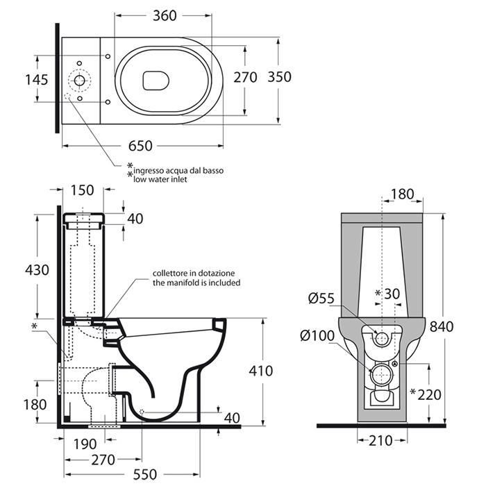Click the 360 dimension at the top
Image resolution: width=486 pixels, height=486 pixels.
pyautogui.click(x=165, y=15)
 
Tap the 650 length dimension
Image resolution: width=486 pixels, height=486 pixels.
pyautogui.click(x=140, y=146)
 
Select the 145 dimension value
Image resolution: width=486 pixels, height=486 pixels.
pyautogui.click(x=37, y=80)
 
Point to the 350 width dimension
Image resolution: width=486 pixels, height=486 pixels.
pyautogui.click(x=279, y=77)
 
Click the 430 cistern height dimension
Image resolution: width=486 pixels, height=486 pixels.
pyautogui.click(x=37, y=270)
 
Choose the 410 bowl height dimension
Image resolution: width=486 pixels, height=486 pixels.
pyautogui.click(x=261, y=371)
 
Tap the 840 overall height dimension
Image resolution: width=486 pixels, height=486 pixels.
pyautogui.click(x=442, y=326)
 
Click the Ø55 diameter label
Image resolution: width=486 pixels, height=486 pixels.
pyautogui.click(x=321, y=298)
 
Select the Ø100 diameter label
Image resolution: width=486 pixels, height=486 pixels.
pyautogui.click(x=318, y=335)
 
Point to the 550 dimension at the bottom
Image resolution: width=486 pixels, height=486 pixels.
pyautogui.click(x=145, y=474)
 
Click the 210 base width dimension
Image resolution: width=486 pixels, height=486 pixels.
pyautogui.click(x=380, y=440)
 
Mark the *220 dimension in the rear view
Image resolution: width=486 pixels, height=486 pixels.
pyautogui.click(x=426, y=394)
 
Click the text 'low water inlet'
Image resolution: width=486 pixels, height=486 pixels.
pyautogui.click(x=160, y=179)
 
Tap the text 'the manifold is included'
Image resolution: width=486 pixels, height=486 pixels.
pyautogui.click(x=196, y=283)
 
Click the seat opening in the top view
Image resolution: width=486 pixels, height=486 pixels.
pyautogui.click(x=156, y=81)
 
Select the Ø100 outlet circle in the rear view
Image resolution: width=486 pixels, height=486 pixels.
pyautogui.click(x=381, y=375)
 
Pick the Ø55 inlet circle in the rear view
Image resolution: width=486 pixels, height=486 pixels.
pyautogui.click(x=382, y=338)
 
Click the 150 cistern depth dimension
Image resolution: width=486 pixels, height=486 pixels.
pyautogui.click(x=82, y=190)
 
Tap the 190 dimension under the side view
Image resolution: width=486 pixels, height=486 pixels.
pyautogui.click(x=85, y=444)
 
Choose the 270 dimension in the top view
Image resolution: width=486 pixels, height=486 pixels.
pyautogui.click(x=245, y=77)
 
